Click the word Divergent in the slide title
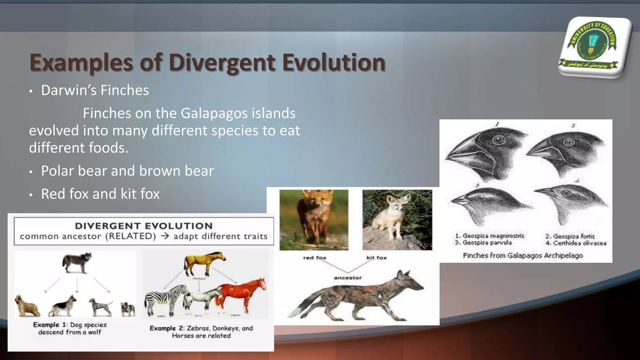tap(222, 62)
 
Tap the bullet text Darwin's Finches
tap(95, 90)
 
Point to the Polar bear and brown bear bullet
tap(127, 171)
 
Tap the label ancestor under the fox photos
tap(347, 277)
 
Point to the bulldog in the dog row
tap(128, 309)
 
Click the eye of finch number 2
tap(569, 142)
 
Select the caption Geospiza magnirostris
tap(493, 236)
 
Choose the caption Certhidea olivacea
tap(579, 243)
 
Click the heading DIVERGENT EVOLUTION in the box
tap(144, 226)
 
